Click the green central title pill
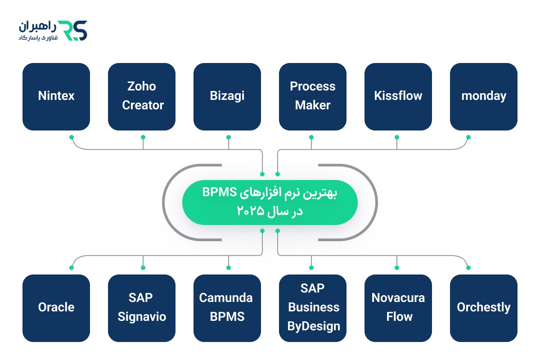click(270, 202)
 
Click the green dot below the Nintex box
click(71, 137)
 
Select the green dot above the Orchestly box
click(468, 268)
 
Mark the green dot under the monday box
click(468, 137)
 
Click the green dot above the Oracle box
click(71, 268)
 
